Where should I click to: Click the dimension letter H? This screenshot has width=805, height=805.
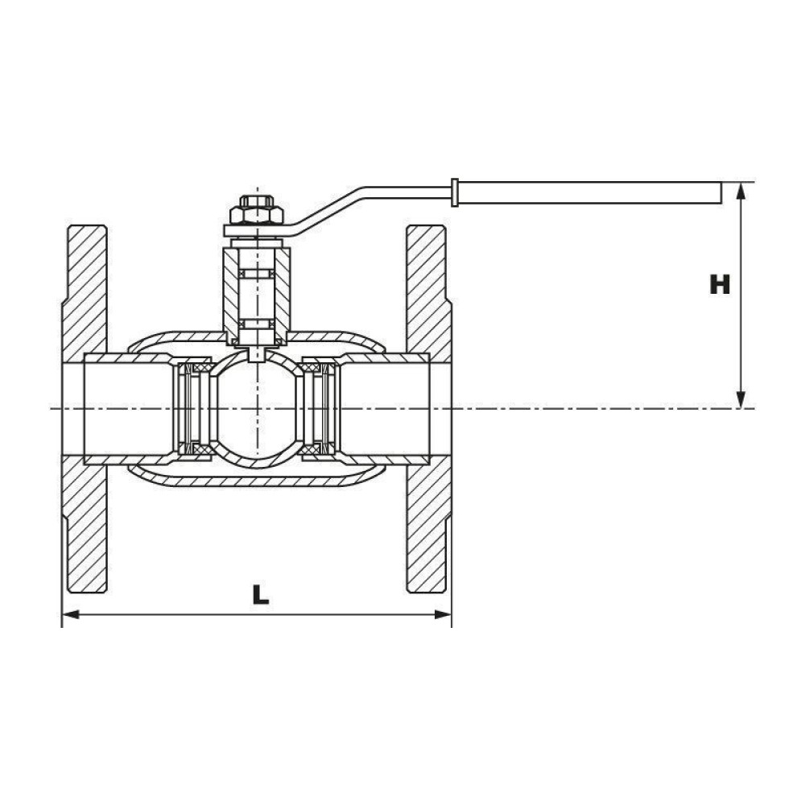[x=719, y=285]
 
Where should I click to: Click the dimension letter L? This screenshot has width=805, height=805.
[x=261, y=595]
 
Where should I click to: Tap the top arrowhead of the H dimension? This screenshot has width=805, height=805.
[x=741, y=191]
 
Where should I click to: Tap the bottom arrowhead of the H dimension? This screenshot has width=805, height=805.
[x=741, y=399]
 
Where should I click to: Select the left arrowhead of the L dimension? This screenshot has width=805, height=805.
[x=70, y=614]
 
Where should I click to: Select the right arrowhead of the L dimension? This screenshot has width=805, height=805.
[x=443, y=614]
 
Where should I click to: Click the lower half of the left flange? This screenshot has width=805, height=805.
[x=85, y=524]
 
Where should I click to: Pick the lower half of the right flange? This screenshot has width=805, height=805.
[x=429, y=524]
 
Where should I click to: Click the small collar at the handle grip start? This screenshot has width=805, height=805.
[x=454, y=192]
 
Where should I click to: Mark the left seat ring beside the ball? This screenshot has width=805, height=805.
[x=193, y=409]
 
